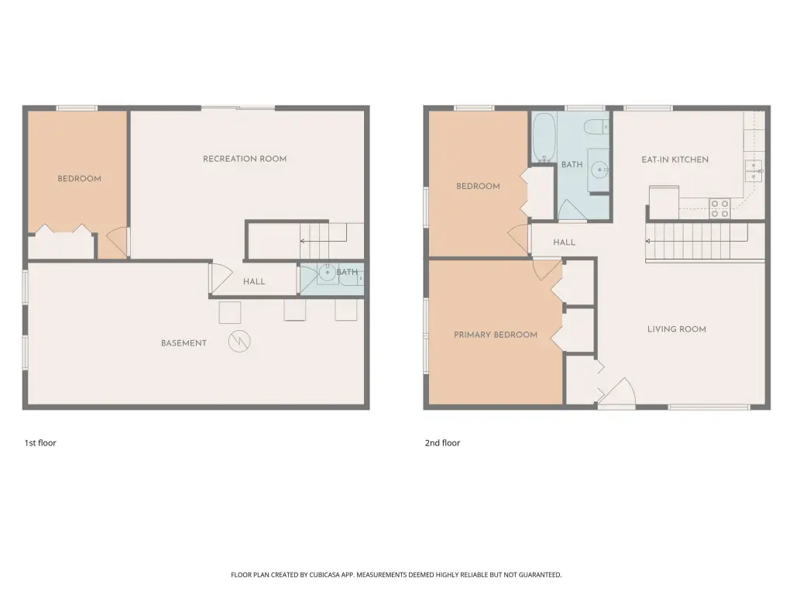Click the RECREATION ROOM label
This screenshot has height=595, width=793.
click(245, 159)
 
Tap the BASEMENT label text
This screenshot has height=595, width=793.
click(184, 343)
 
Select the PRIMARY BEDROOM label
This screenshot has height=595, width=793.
click(495, 335)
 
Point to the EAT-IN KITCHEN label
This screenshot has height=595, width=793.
click(675, 160)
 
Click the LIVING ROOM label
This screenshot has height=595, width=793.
click(677, 329)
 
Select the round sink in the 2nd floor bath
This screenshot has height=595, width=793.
click(600, 170)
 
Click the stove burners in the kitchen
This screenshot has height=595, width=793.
click(719, 208)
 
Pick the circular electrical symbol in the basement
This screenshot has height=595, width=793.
click(239, 342)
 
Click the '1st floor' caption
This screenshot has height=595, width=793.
click(40, 443)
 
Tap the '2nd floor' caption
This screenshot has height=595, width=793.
click(442, 443)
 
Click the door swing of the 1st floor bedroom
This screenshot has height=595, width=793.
click(118, 242)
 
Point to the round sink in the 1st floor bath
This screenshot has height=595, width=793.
click(328, 273)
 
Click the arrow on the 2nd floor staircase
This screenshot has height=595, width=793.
click(697, 242)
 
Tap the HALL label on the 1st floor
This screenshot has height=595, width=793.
click(254, 282)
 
